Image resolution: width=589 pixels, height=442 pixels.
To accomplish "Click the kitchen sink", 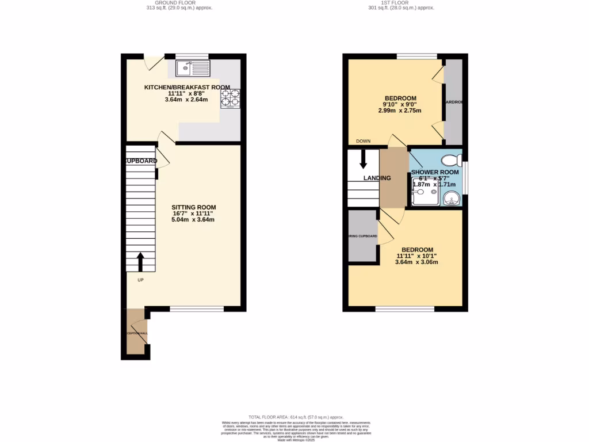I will pyautogui.click(x=193, y=70).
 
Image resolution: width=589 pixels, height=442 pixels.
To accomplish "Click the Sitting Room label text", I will pyautogui.click(x=193, y=207).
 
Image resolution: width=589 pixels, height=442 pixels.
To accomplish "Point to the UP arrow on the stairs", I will pyautogui.click(x=140, y=261).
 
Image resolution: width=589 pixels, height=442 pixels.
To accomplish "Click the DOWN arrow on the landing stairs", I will pyautogui.click(x=363, y=158).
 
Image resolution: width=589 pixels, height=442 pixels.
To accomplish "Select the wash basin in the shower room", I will pyautogui.click(x=452, y=199).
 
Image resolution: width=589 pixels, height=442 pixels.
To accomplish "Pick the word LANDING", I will pyautogui.click(x=377, y=178).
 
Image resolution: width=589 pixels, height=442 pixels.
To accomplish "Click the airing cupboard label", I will pyautogui.click(x=362, y=237).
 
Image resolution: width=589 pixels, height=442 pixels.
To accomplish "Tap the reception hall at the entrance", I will pyautogui.click(x=137, y=334).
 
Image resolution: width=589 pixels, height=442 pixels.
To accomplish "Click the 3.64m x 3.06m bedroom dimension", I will pyautogui.click(x=416, y=262).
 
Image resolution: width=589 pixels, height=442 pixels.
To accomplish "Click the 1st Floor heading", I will pyautogui.click(x=401, y=2).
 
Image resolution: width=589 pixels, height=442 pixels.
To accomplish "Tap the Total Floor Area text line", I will pyautogui.click(x=296, y=417).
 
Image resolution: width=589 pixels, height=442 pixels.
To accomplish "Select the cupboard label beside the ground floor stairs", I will pyautogui.click(x=141, y=161).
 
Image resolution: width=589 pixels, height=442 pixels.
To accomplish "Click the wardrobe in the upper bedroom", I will pyautogui.click(x=453, y=102).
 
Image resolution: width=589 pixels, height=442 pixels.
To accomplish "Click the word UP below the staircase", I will pyautogui.click(x=140, y=280).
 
